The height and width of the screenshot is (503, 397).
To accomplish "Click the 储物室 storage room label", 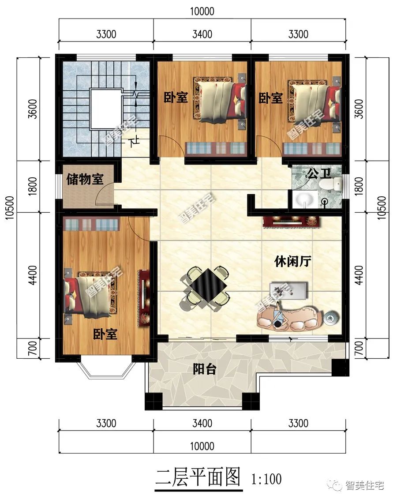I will [x=85, y=180].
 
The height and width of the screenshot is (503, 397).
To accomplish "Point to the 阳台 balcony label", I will [x=204, y=369].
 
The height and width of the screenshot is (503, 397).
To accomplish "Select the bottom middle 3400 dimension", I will [x=202, y=424].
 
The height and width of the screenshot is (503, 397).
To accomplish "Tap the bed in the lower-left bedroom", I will [x=90, y=294].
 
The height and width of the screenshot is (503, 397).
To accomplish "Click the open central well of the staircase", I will [x=105, y=108].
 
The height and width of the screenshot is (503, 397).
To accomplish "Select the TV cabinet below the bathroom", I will [x=290, y=221].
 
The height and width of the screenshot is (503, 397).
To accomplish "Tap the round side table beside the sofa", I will [x=331, y=317].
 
